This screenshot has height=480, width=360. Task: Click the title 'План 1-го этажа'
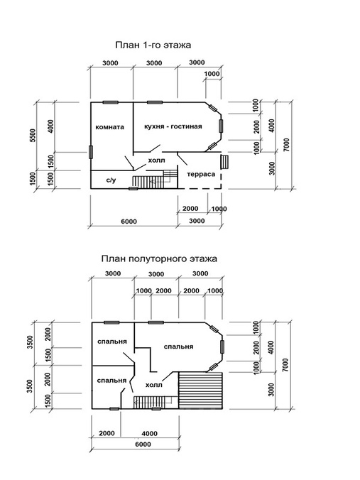pyautogui.click(x=153, y=45)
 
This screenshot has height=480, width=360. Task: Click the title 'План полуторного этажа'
pyautogui.click(x=159, y=258)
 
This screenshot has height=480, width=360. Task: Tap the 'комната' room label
pyautogui.click(x=109, y=127)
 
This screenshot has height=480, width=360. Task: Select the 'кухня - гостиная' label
pyautogui.click(x=173, y=126)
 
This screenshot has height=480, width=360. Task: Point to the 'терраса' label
pyautogui.click(x=201, y=174)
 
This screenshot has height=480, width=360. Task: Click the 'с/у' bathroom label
pyautogui.click(x=111, y=180)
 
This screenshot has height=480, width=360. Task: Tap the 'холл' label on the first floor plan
pyautogui.click(x=156, y=160)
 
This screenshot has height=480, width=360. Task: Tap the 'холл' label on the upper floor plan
pyautogui.click(x=153, y=385)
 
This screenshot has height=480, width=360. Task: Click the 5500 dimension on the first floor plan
pyautogui.click(x=33, y=136)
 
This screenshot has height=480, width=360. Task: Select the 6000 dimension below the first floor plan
pyautogui.click(x=129, y=222)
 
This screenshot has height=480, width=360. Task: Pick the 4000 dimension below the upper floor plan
pyautogui.click(x=149, y=433)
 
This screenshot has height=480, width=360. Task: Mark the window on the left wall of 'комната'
pyautogui.click(x=91, y=152)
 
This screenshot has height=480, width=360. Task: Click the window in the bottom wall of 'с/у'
pyautogui.click(x=133, y=189)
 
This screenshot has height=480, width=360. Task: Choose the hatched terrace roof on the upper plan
pyautogui.click(x=200, y=391)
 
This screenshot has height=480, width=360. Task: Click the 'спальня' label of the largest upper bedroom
pyautogui.click(x=178, y=347)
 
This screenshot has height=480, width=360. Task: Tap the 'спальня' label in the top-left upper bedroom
pyautogui.click(x=112, y=342)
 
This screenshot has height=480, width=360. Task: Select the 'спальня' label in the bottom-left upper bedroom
pyautogui.click(x=111, y=381)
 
